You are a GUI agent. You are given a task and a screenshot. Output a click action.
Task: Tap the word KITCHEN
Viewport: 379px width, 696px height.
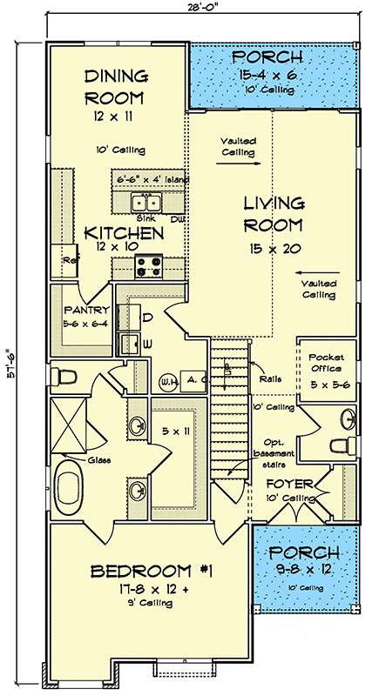[124, 233]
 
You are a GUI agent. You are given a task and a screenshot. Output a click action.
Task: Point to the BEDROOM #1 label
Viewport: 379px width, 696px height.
[152, 572]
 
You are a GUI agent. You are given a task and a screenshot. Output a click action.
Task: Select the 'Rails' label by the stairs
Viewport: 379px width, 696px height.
[268, 378]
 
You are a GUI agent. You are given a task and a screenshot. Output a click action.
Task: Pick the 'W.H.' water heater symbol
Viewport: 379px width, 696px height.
[165, 379]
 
